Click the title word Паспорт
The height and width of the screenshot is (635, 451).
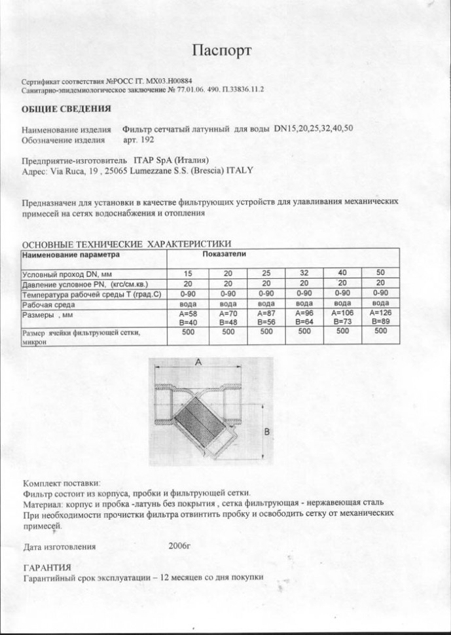pyautogui.click(x=221, y=50)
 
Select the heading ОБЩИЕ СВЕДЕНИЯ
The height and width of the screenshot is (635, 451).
pyautogui.click(x=66, y=109)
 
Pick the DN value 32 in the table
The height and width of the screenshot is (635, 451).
pyautogui.click(x=304, y=273)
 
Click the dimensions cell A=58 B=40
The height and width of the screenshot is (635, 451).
pyautogui.click(x=189, y=318)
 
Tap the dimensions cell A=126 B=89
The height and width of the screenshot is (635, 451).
pyautogui.click(x=380, y=318)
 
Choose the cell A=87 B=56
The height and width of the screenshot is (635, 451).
pyautogui.click(x=266, y=318)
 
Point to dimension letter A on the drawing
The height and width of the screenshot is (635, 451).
pyautogui.click(x=197, y=362)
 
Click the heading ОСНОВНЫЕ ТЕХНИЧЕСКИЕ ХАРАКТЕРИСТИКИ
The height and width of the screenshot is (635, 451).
pyautogui.click(x=127, y=244)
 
